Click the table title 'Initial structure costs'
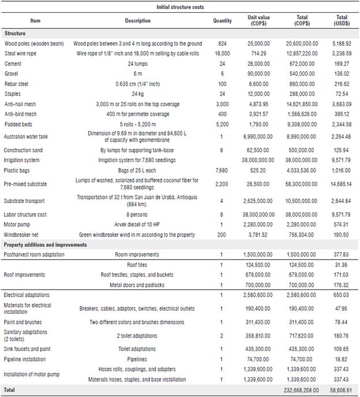pyautogui.click(x=179, y=7)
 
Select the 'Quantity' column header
pyautogui.click(x=223, y=21)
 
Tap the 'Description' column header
pyautogui.click(x=138, y=21)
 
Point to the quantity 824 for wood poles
pyautogui.click(x=223, y=44)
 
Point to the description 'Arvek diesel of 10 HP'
pyautogui.click(x=138, y=224)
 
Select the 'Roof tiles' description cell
pyautogui.click(x=138, y=265)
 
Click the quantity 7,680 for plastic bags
pyautogui.click(x=223, y=171)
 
